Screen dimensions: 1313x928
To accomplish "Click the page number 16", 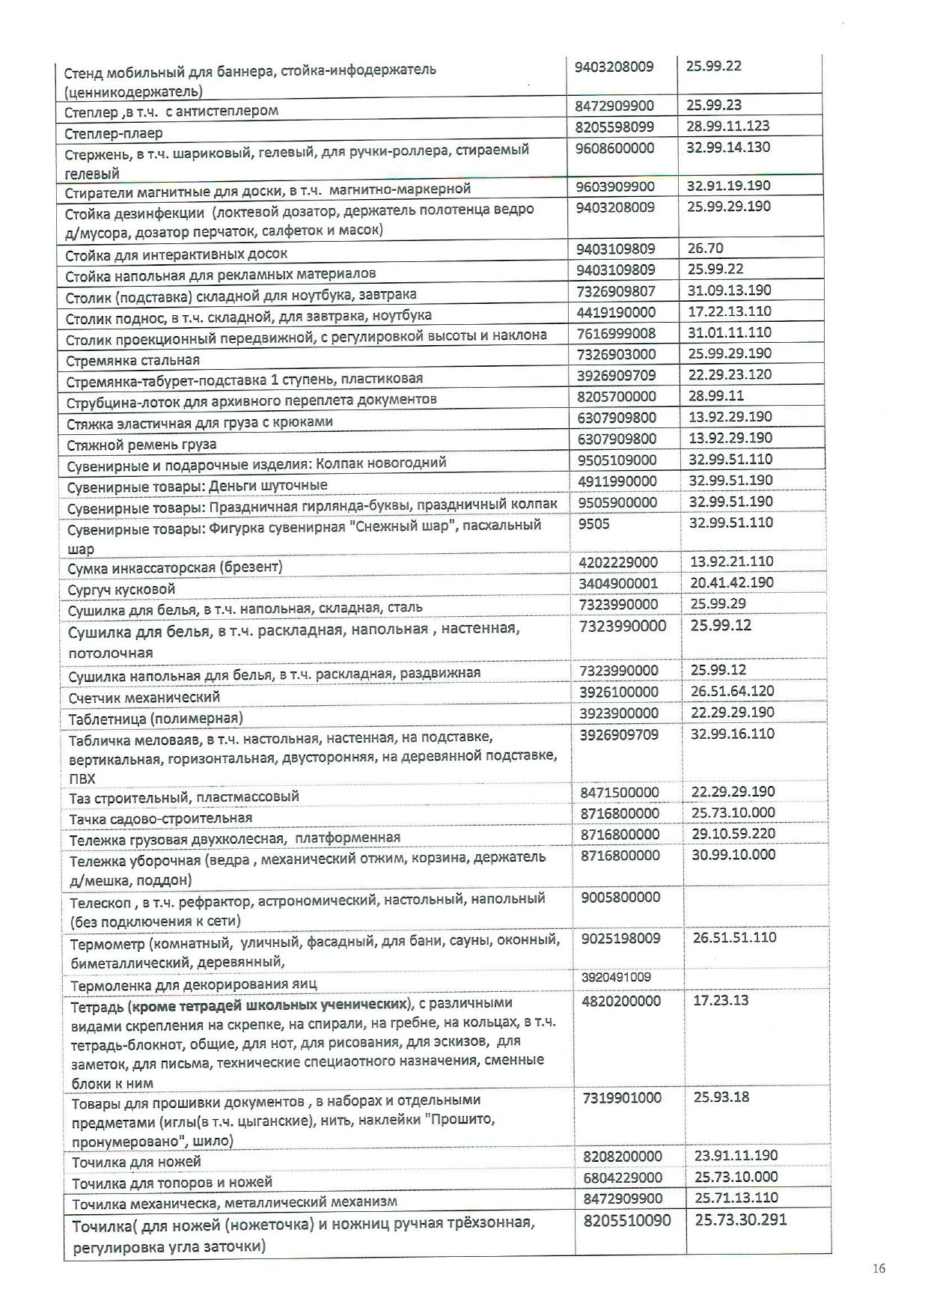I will point(879,1267).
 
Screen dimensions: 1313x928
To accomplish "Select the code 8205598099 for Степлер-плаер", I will point(614,127).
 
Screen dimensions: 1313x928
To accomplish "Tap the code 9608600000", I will point(614,148).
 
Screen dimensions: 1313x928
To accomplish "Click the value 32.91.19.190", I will point(727,186).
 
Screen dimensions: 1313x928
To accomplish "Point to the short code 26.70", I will point(706,249).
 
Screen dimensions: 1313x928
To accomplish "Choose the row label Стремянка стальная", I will point(132,359).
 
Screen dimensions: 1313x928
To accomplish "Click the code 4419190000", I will point(616,311).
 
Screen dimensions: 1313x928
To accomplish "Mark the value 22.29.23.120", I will point(730,374).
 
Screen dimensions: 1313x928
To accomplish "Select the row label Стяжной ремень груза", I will point(131,445).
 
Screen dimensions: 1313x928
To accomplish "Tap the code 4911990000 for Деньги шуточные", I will point(617,481).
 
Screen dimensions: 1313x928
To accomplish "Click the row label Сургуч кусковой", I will point(121,588).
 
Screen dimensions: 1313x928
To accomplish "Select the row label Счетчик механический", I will point(144,697).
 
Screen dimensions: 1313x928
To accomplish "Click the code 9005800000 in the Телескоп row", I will point(620,897).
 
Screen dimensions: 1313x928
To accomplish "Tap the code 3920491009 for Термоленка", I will point(616,977).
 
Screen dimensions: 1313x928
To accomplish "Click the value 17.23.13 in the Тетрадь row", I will point(720,1000).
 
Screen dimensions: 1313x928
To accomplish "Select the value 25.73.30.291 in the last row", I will point(740,1220).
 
